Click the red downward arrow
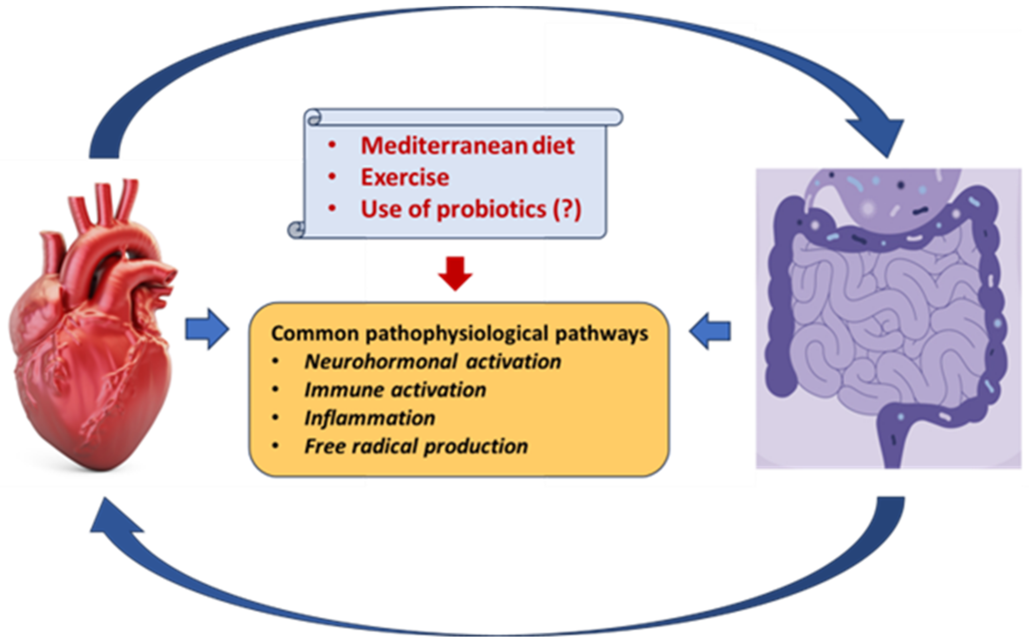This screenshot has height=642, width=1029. (455, 274)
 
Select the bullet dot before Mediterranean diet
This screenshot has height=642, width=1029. (332, 145)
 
